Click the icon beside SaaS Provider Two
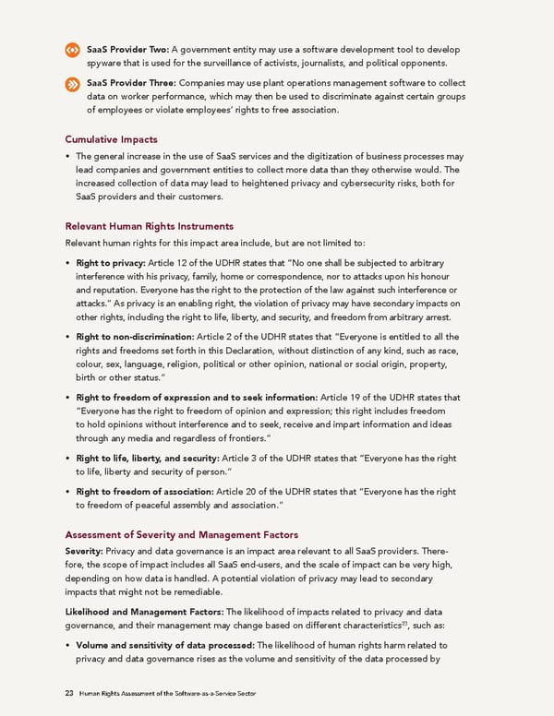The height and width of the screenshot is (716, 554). [x=71, y=49]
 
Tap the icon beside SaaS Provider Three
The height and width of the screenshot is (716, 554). [x=71, y=84]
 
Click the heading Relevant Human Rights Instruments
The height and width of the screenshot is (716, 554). [x=149, y=226]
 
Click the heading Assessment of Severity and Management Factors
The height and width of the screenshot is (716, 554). [x=180, y=534]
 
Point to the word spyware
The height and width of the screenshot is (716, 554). [x=107, y=63]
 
